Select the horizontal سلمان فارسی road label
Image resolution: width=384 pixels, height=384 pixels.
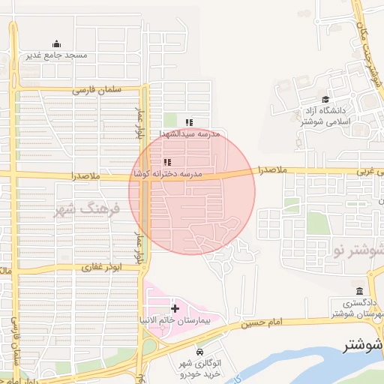point(97,89)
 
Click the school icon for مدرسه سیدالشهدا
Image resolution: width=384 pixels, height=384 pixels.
point(190,122)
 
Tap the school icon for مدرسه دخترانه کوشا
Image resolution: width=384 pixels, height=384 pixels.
point(166,162)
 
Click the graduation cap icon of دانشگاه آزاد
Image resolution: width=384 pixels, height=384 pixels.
point(325,100)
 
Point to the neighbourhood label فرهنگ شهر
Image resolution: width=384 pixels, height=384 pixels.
point(87,208)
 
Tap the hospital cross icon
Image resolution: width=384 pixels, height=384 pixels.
point(175,308)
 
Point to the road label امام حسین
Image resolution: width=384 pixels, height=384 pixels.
point(265,322)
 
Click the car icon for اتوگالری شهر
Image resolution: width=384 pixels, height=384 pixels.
point(199,352)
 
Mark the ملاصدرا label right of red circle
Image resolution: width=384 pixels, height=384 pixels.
point(272,170)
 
